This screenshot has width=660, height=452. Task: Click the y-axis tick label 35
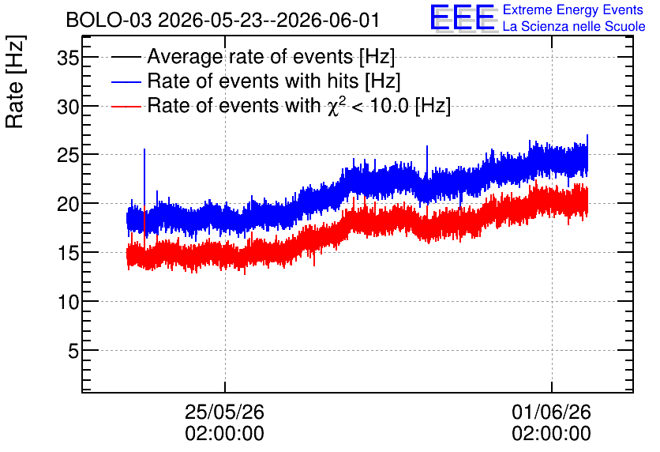[x=68, y=58]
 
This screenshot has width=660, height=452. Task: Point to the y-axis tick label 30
[x=68, y=107]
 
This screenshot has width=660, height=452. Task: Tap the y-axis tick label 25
[x=68, y=156]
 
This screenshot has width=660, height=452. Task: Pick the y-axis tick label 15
[x=68, y=254]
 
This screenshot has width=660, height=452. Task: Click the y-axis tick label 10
[x=68, y=303]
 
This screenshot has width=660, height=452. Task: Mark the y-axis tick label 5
[x=73, y=351]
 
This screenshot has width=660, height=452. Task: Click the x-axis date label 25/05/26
[x=224, y=412]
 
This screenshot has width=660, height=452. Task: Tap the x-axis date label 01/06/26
[x=551, y=412]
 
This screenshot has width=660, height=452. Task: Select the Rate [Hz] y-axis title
[x=15, y=81]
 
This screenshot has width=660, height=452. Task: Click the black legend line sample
[x=126, y=57]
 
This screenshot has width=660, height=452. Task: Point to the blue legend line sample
[x=126, y=81]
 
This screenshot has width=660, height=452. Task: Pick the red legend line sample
[x=126, y=106]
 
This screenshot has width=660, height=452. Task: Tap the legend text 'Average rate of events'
[x=250, y=56]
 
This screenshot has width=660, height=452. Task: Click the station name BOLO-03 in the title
[x=109, y=21]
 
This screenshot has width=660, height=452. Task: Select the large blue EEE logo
[x=463, y=18]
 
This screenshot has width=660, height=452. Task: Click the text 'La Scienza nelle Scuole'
[x=574, y=27]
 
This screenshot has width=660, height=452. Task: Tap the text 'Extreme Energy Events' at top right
[x=573, y=9]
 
